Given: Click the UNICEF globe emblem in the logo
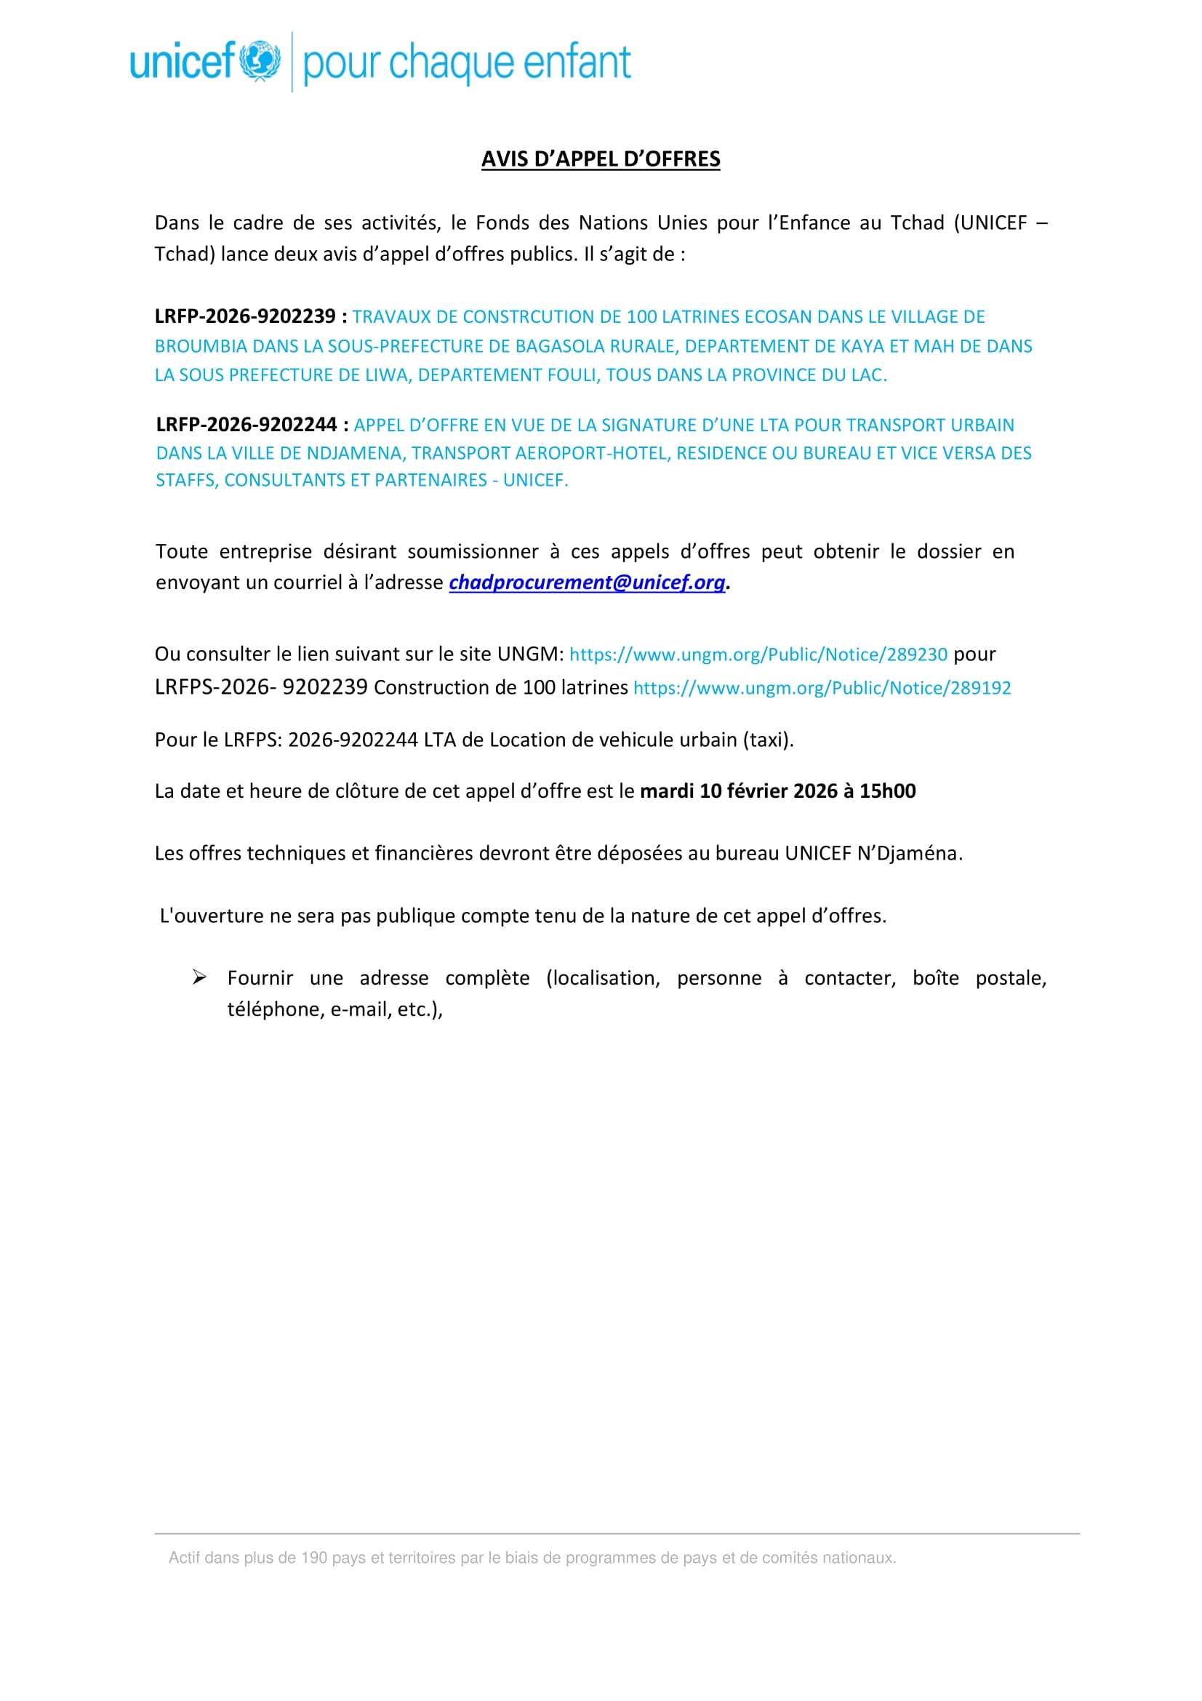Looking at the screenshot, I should tap(259, 61).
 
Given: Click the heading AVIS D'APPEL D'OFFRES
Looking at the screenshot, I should tap(601, 159).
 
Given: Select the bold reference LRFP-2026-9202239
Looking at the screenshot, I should tap(245, 316).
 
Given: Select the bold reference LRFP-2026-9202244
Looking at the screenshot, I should tap(247, 425).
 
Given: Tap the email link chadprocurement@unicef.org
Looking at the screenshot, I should tap(587, 583).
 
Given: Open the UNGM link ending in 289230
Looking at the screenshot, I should tap(758, 655).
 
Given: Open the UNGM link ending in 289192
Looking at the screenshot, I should tap(822, 687).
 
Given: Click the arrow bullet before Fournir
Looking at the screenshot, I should tap(199, 977).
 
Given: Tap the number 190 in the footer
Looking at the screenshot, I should tap(313, 1557).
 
